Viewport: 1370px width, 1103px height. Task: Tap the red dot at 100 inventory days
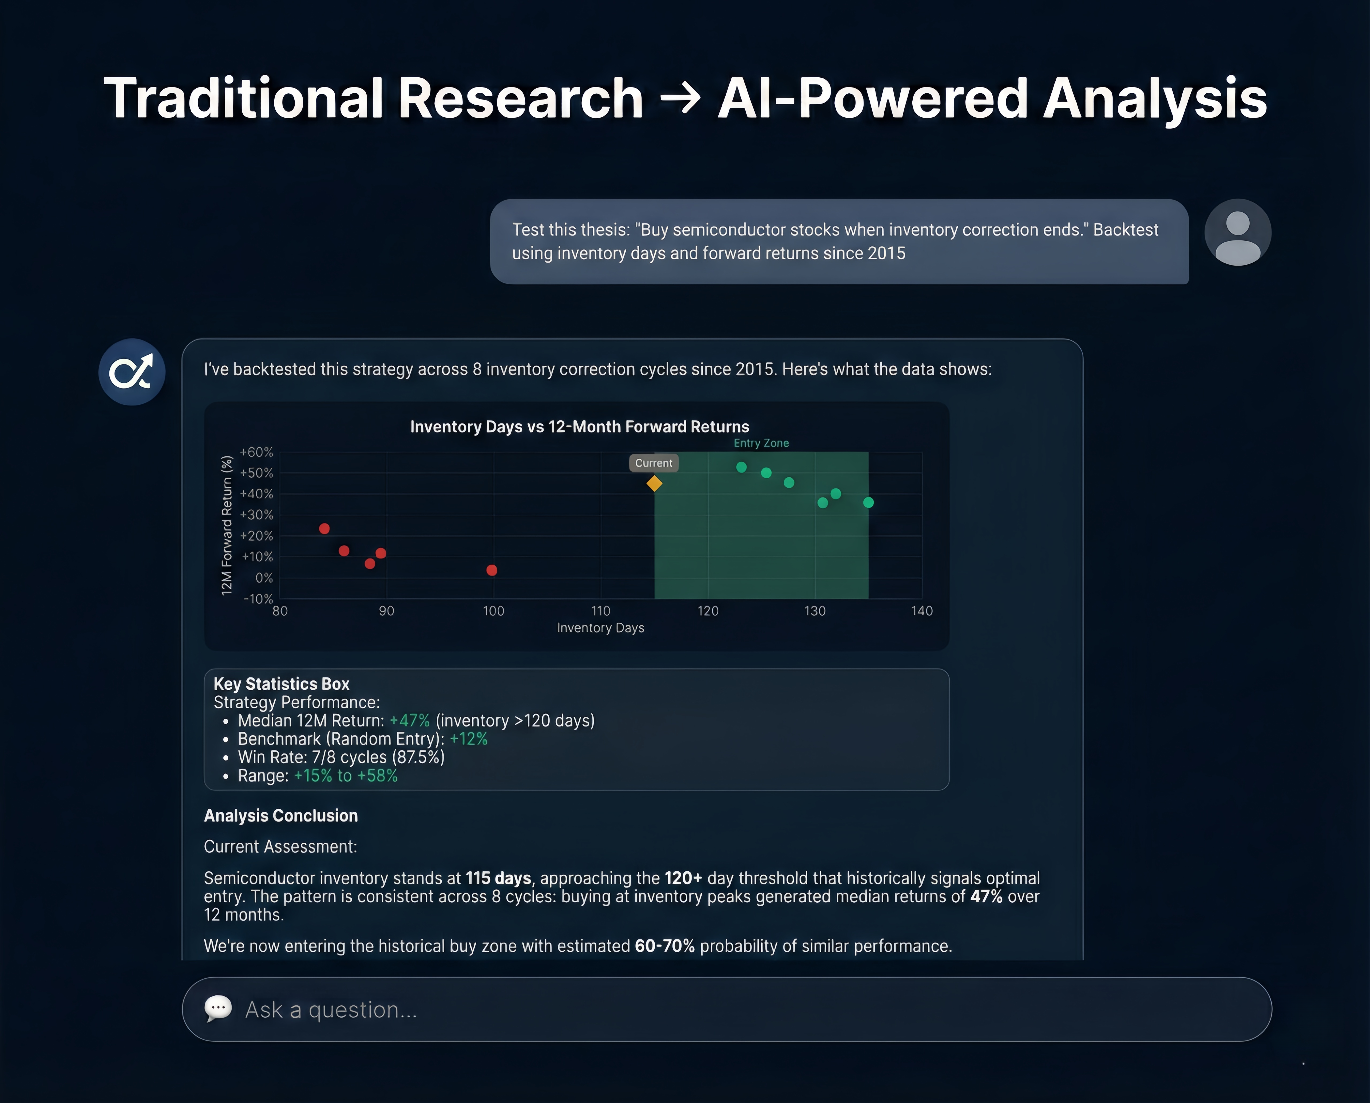click(x=492, y=570)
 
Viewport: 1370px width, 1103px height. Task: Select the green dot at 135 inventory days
click(x=868, y=503)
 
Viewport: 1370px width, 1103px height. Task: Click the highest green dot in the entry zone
click(x=741, y=467)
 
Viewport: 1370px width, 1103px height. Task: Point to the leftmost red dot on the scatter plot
click(x=324, y=528)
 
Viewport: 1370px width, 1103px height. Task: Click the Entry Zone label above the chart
click(x=761, y=443)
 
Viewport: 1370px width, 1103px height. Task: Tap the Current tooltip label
click(x=653, y=463)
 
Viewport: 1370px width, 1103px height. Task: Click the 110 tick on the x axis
click(x=601, y=611)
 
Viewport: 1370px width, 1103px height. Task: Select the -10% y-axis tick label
click(x=258, y=599)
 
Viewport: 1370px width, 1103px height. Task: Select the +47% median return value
click(x=409, y=721)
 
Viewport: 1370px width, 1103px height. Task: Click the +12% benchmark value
click(x=469, y=739)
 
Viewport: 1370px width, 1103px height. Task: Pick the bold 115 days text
click(x=498, y=878)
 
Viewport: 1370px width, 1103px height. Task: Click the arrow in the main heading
click(x=680, y=98)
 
